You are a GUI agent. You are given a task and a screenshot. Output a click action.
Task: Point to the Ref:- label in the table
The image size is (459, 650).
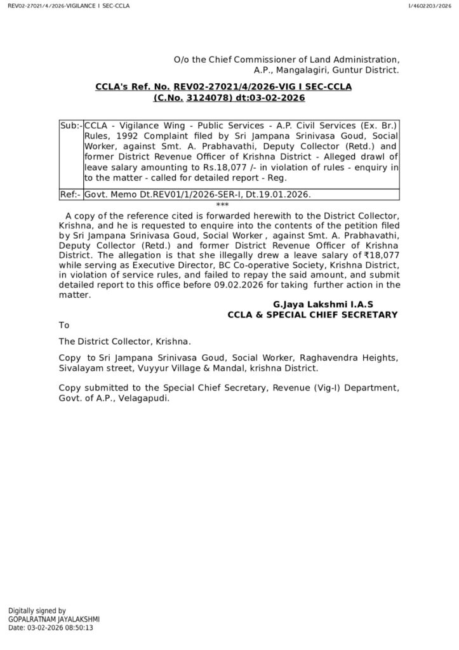[70, 196]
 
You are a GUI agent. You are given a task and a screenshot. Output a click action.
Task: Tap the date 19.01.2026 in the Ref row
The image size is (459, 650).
[289, 196]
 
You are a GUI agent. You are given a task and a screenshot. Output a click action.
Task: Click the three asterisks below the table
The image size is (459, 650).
[222, 205]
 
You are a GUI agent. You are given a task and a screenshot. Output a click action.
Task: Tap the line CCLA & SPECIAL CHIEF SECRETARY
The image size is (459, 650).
[312, 315]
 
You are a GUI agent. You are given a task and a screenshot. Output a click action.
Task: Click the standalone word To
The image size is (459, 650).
[63, 325]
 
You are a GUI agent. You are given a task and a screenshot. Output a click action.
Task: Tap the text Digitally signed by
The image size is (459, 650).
[37, 610]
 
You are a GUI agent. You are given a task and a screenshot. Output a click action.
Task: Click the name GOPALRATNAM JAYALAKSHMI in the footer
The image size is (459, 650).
[54, 619]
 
